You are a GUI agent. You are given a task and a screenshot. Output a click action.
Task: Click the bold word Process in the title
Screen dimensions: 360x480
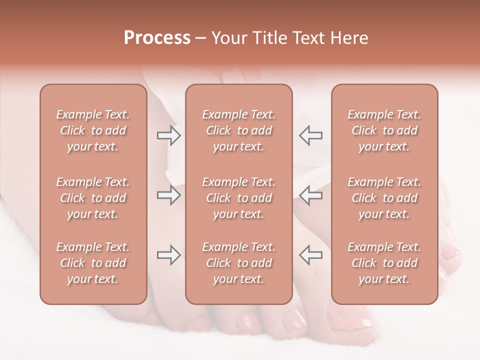157,37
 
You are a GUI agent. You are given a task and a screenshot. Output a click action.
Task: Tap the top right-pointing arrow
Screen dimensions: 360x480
168,135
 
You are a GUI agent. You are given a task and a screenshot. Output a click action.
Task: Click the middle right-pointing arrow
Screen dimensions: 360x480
168,195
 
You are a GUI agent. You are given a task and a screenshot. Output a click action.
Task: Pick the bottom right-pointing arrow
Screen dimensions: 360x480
168,255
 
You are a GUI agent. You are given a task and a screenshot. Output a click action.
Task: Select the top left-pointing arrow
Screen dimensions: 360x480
310,135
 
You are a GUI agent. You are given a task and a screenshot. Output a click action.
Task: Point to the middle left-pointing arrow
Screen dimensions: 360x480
310,195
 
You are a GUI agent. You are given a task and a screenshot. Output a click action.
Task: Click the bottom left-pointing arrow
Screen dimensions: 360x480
310,255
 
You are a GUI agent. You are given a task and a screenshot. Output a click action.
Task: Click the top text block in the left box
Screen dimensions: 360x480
93,130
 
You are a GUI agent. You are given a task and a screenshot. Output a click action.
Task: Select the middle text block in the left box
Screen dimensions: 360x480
93,198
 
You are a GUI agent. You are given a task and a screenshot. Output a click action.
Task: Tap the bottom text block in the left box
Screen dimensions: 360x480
93,263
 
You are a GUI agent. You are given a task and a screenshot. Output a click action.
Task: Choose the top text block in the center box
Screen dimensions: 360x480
238,130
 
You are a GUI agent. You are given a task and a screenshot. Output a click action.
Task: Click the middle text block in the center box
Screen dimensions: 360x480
238,198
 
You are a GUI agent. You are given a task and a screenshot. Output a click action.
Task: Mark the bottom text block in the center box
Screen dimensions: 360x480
238,263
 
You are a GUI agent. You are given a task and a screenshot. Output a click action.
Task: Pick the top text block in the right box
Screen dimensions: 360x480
384,130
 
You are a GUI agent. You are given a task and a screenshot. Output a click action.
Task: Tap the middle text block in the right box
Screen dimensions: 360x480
384,198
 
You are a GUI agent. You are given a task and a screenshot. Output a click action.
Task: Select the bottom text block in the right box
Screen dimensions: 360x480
384,263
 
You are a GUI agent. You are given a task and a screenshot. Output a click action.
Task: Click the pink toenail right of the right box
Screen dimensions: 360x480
451,250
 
